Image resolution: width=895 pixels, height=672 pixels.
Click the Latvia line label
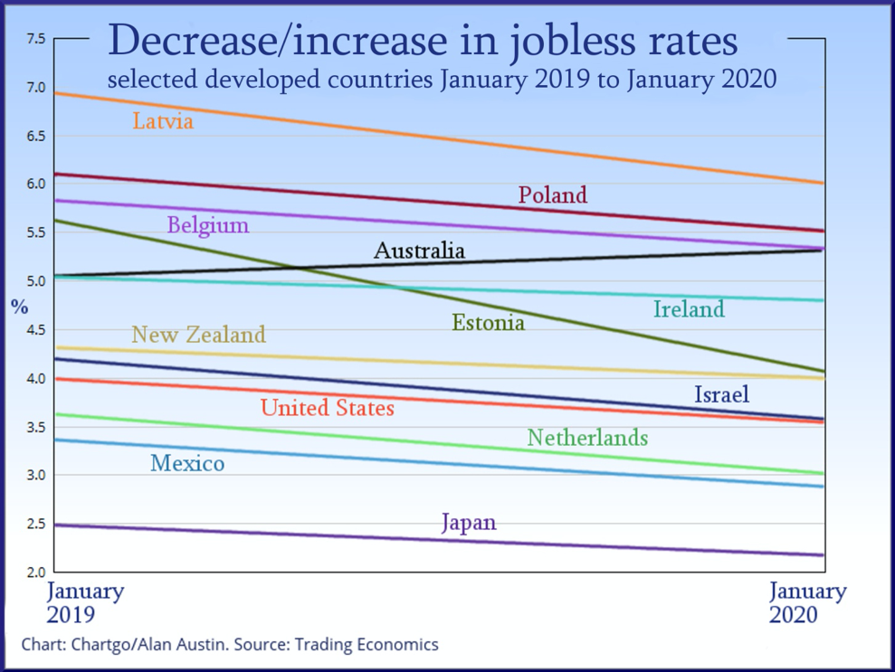coord(163,121)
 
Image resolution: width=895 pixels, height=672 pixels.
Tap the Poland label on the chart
coord(552,194)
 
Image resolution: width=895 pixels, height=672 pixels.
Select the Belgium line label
coord(208,225)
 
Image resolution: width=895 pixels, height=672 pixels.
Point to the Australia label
coord(419,251)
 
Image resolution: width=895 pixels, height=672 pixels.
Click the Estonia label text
coord(488,322)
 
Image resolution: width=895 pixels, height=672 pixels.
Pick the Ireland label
coord(689,309)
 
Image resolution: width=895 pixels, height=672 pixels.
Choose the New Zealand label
coord(198,335)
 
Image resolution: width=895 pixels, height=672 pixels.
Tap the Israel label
coord(721,394)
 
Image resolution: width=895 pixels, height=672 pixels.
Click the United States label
coord(328,408)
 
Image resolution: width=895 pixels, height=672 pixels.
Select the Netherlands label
coord(587,438)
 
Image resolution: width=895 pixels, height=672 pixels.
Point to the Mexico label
coord(187,464)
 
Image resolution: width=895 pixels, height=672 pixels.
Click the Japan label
coord(469,523)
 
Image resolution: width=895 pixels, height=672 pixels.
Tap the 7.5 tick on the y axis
coord(35,39)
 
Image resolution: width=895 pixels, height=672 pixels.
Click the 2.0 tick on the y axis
coord(35,572)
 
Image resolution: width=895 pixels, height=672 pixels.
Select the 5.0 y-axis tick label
coord(35,281)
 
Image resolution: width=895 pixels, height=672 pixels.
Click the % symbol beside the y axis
coord(19,307)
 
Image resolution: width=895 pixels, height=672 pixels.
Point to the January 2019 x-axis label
coord(84,603)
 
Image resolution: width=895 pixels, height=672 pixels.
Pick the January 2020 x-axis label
coord(807,603)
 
